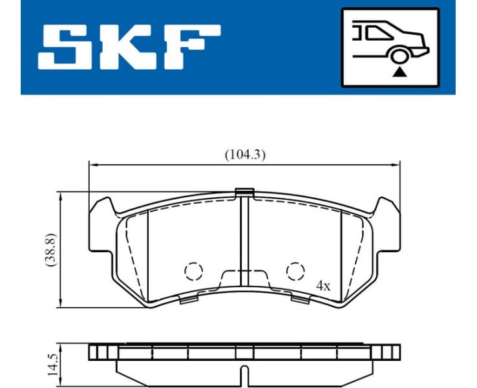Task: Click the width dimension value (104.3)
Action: click(x=245, y=155)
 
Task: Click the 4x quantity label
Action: click(x=323, y=286)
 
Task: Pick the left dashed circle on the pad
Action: click(x=194, y=270)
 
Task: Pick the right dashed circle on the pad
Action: click(x=295, y=270)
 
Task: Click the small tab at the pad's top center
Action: click(x=244, y=191)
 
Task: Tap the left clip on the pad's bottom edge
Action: click(x=188, y=299)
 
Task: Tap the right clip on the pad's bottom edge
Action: click(x=301, y=299)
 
